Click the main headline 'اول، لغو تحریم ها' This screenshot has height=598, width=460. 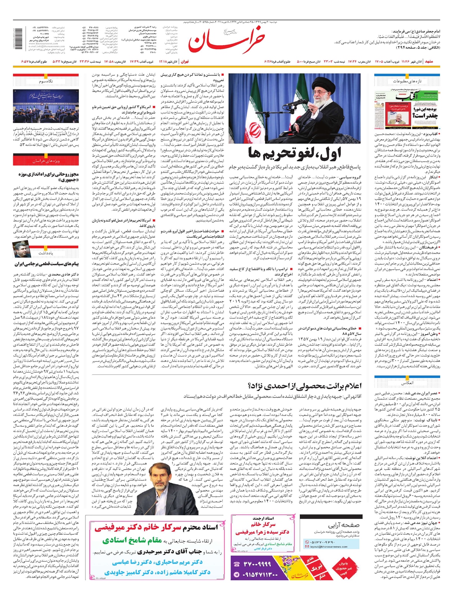[x=294, y=153]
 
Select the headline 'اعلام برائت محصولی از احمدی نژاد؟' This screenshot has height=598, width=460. [x=305, y=385]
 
